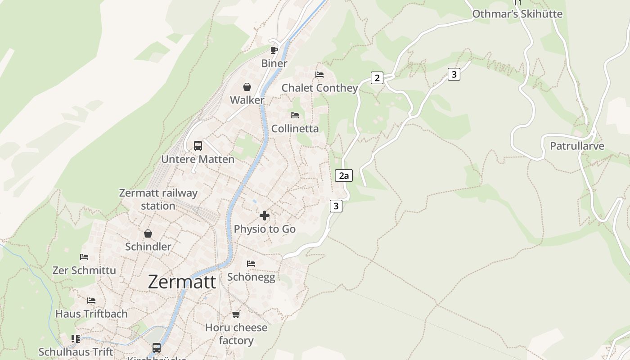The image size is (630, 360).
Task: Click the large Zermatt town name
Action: pyautogui.click(x=182, y=282)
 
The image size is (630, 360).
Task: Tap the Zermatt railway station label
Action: pyautogui.click(x=158, y=199)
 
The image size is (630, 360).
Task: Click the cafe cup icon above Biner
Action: pyautogui.click(x=274, y=50)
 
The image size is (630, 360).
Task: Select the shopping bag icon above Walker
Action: pyautogui.click(x=247, y=87)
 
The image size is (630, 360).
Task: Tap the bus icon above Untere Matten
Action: pyautogui.click(x=198, y=146)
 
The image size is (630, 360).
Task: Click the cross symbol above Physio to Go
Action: pyautogui.click(x=265, y=216)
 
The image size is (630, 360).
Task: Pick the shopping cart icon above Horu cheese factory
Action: pyautogui.click(x=236, y=314)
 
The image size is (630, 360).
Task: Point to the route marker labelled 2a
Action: pyautogui.click(x=344, y=175)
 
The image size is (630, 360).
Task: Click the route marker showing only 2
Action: pyautogui.click(x=377, y=78)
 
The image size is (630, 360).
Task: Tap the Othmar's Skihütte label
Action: pyautogui.click(x=517, y=14)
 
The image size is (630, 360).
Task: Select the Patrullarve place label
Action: pyautogui.click(x=577, y=146)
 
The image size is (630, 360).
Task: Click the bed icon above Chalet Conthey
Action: pyautogui.click(x=319, y=74)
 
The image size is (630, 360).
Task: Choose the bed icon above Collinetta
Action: pyautogui.click(x=295, y=115)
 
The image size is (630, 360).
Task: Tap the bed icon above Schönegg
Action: pyautogui.click(x=251, y=263)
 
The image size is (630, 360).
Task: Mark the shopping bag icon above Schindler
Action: pyautogui.click(x=148, y=234)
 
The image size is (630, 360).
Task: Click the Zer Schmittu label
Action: pyautogui.click(x=84, y=270)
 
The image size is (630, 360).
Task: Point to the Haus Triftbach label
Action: pyautogui.click(x=91, y=314)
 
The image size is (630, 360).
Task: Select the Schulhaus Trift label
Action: pyautogui.click(x=76, y=352)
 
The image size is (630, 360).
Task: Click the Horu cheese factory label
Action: pyautogui.click(x=236, y=334)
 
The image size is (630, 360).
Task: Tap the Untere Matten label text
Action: pyautogui.click(x=198, y=159)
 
